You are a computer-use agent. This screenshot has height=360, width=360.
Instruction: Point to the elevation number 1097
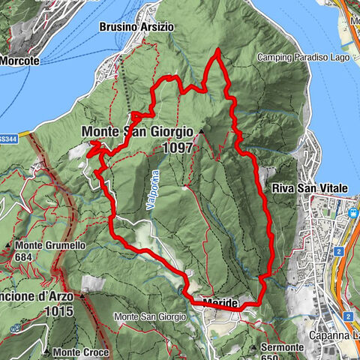coord(177,148)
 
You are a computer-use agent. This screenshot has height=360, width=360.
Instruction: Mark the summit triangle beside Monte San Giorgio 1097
coord(201,132)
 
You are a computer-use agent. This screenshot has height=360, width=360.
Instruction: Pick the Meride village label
coord(220,303)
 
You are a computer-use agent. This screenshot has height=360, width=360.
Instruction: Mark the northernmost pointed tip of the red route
coord(217,49)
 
